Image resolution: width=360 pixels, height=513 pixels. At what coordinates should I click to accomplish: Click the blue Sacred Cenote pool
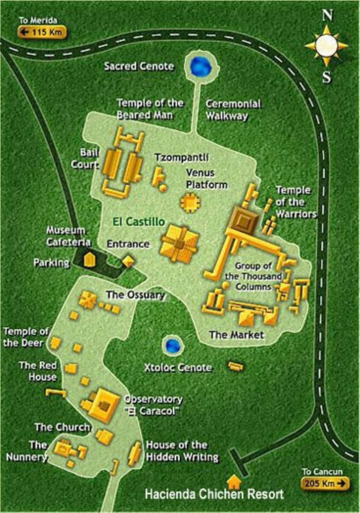pyautogui.click(x=201, y=66)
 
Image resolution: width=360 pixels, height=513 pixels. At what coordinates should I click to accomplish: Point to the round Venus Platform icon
pyautogui.click(x=190, y=202)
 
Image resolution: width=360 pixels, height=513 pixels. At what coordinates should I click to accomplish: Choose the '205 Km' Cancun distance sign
pyautogui.click(x=325, y=483)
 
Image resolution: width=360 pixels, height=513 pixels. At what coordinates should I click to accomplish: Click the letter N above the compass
pyautogui.click(x=327, y=15)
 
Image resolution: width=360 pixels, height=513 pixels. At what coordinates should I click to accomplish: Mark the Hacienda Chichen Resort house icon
pyautogui.click(x=235, y=480)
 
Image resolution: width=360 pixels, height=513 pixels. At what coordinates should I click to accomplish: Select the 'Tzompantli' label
pyautogui.click(x=181, y=157)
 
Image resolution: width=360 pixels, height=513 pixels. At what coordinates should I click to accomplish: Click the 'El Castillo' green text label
pyautogui.click(x=139, y=222)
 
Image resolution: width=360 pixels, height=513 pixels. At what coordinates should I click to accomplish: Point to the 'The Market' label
pyautogui.click(x=236, y=334)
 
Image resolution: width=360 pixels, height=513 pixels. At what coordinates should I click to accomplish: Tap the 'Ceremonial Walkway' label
pyautogui.click(x=233, y=109)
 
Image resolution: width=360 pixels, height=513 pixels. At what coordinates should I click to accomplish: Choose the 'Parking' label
pyautogui.click(x=51, y=262)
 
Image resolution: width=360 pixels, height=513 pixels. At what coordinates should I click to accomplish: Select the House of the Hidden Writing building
pyautogui.click(x=135, y=453)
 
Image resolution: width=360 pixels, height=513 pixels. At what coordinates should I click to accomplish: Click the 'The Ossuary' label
pyautogui.click(x=135, y=295)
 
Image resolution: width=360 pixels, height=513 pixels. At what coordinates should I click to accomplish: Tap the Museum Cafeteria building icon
pyautogui.click(x=88, y=259)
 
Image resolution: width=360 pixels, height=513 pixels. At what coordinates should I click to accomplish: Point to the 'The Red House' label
pyautogui.click(x=38, y=371)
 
